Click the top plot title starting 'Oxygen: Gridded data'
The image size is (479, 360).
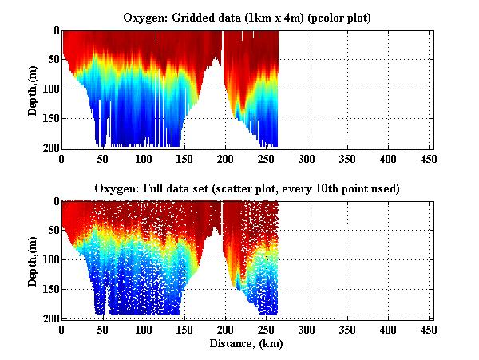point(247,18)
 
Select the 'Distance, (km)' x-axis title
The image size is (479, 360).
point(247,345)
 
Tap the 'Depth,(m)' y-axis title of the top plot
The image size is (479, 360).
point(33,89)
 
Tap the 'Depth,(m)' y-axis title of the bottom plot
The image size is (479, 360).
point(33,260)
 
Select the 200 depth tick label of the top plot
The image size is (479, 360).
point(49,148)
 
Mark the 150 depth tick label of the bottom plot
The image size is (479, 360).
point(49,290)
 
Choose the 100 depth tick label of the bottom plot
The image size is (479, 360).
point(49,260)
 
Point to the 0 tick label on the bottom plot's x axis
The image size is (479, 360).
point(62,330)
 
